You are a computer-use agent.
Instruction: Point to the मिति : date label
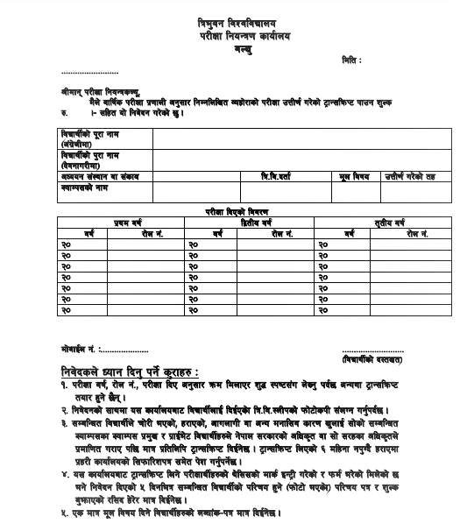click(350, 60)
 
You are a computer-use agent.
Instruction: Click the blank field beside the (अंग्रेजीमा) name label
click(298, 138)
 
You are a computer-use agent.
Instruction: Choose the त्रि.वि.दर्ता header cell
click(282, 176)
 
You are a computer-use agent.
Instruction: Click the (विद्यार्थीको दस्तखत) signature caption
click(372, 358)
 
